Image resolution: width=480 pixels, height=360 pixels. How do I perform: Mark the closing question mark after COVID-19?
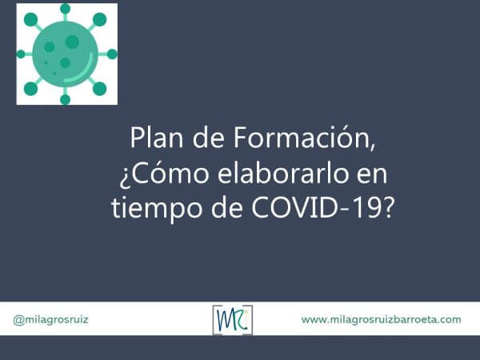coord(387,208)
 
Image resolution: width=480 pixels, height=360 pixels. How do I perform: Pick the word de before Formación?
coord(210,139)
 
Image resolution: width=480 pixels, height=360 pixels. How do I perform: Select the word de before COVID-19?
coord(224,208)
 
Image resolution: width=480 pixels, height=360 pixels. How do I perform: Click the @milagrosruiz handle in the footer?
coord(50,319)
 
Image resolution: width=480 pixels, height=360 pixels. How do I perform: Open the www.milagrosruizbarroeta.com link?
coord(381,319)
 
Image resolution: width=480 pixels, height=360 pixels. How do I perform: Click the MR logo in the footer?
coord(233,319)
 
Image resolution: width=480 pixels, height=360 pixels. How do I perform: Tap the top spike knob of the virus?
coord(65,10)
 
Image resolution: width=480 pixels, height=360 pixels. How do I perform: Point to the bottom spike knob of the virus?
coord(65,99)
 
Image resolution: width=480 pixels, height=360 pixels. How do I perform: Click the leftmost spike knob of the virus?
coord(22,54)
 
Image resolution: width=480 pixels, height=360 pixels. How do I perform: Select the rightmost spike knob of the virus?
coord(112,54)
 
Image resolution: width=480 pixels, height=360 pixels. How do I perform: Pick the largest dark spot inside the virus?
coord(72,42)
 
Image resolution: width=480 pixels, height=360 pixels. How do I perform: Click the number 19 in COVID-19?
coord(365,208)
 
